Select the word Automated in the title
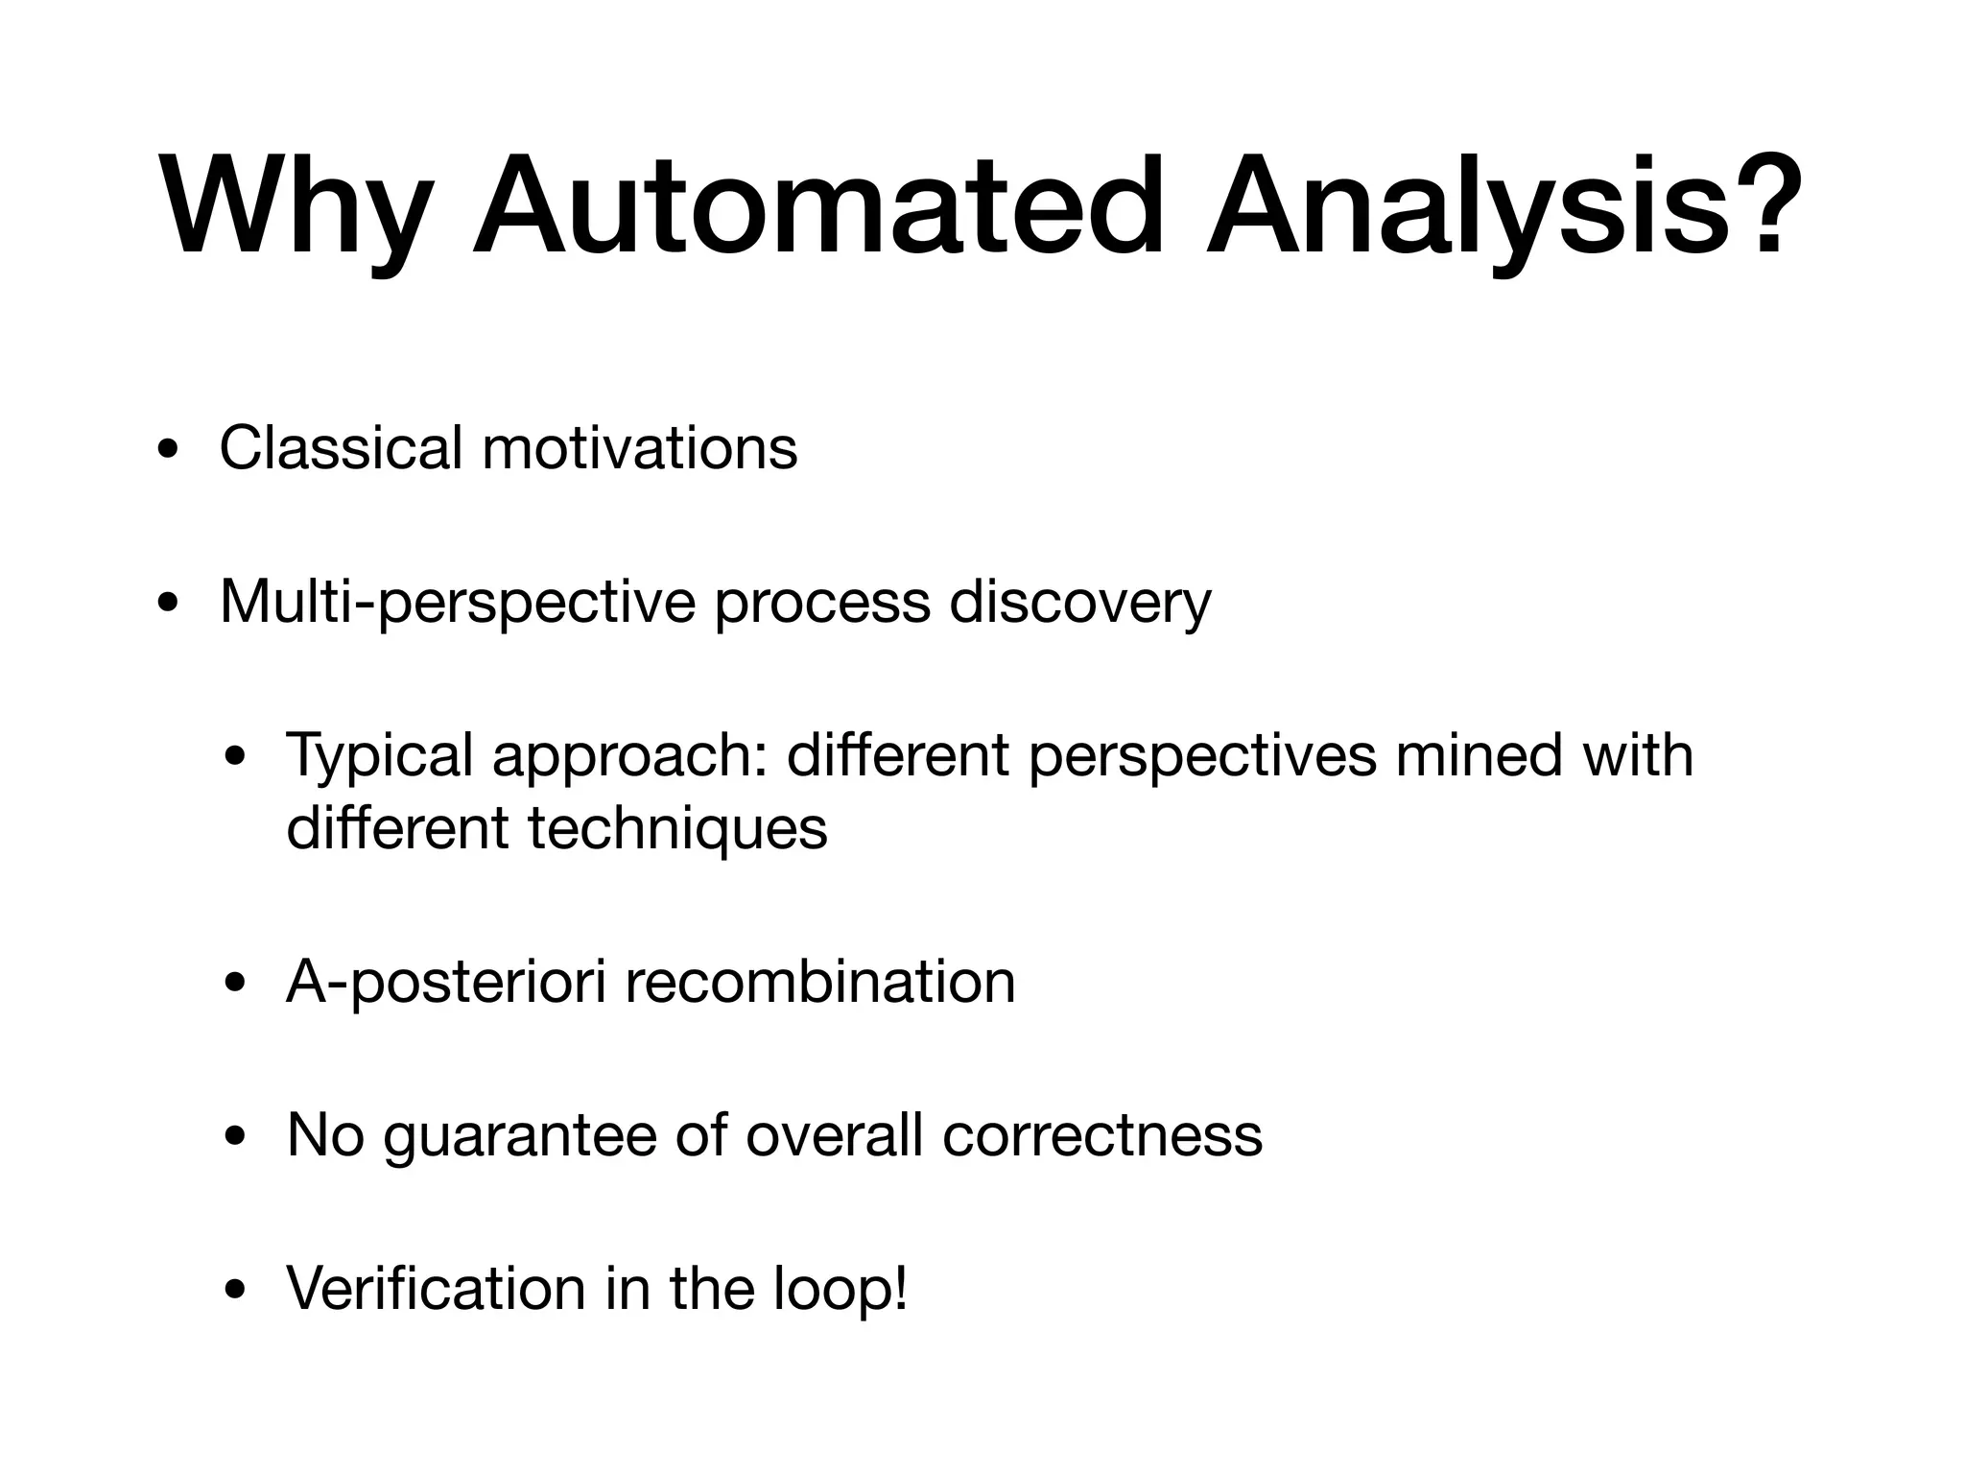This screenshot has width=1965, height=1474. point(817,207)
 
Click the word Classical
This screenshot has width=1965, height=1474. point(341,448)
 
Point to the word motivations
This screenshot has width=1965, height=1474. point(639,448)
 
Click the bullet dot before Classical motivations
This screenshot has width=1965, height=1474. point(169,451)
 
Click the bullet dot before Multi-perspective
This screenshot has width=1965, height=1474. point(169,606)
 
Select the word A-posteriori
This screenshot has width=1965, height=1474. point(445,982)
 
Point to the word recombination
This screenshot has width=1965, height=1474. point(820,982)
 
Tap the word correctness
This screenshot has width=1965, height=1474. point(1102,1136)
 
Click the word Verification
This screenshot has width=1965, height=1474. point(436,1289)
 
